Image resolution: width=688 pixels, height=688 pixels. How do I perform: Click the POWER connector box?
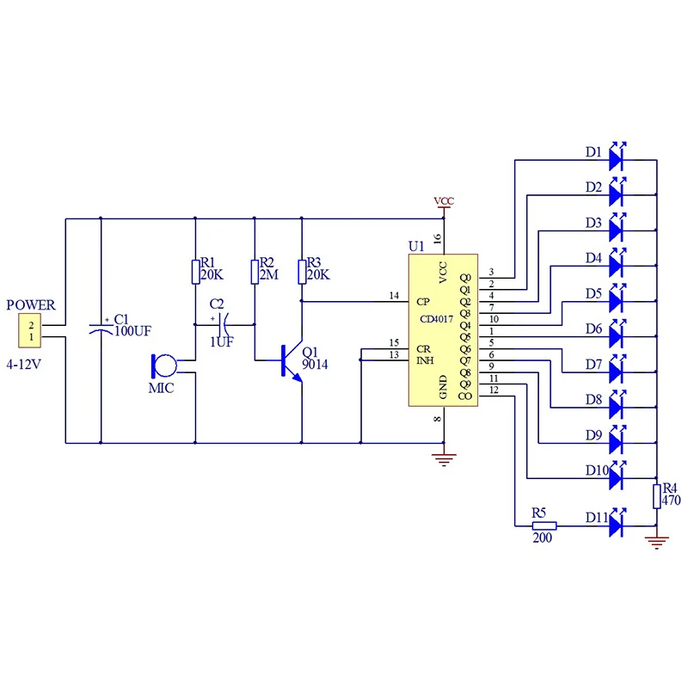click(x=31, y=330)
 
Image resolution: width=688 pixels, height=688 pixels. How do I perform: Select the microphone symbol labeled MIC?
click(x=163, y=365)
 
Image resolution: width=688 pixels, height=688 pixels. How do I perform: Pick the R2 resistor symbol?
click(x=255, y=272)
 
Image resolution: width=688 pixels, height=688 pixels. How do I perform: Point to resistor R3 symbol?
click(x=301, y=272)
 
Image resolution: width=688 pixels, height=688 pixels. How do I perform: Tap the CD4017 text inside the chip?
click(x=436, y=318)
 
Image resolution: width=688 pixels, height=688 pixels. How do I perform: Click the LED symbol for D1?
click(x=617, y=157)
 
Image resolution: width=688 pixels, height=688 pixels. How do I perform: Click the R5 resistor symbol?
click(x=544, y=525)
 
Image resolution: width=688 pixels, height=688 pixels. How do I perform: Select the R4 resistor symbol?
click(x=656, y=497)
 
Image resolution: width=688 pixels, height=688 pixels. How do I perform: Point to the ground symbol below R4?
click(x=656, y=542)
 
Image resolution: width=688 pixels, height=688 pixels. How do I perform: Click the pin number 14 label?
click(x=394, y=295)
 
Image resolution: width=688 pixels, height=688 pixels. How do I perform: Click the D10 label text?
click(x=597, y=470)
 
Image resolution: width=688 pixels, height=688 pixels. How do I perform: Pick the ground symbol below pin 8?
click(x=443, y=459)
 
